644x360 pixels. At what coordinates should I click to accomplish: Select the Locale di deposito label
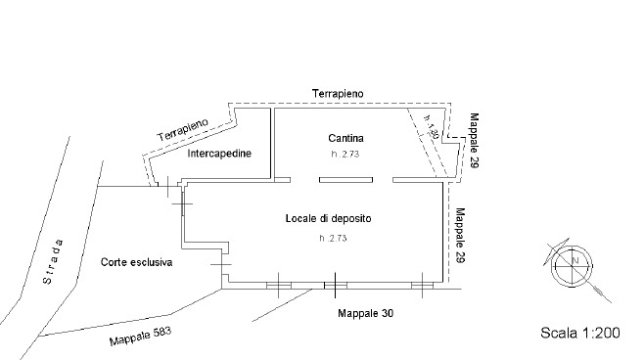point(328,217)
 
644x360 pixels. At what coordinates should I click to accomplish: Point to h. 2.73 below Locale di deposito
point(334,238)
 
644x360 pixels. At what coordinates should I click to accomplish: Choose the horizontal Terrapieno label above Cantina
point(338,93)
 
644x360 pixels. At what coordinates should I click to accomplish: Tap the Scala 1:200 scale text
point(580,334)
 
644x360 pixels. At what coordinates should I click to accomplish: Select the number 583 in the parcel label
point(161,333)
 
